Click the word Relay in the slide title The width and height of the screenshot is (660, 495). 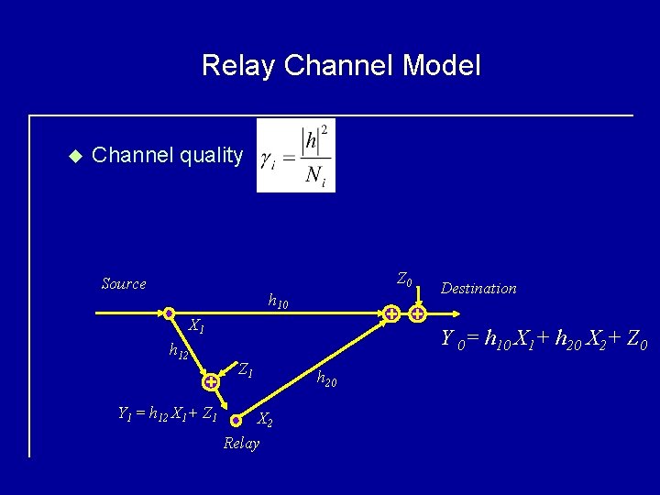click(x=239, y=65)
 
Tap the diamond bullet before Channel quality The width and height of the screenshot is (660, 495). click(x=75, y=156)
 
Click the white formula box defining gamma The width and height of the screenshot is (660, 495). click(x=296, y=155)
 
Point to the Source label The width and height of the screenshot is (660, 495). click(x=124, y=284)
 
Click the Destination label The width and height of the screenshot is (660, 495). click(x=478, y=289)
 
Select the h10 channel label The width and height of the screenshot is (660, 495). click(x=278, y=300)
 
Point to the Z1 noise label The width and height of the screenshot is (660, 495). click(x=245, y=370)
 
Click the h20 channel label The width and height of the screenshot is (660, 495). click(x=326, y=379)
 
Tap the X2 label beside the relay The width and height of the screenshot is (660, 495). click(x=264, y=420)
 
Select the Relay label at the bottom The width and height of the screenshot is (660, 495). click(x=241, y=444)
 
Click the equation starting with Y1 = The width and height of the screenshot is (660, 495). click(x=168, y=414)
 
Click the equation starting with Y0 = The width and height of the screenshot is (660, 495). click(x=544, y=340)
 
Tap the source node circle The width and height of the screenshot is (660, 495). click(x=170, y=313)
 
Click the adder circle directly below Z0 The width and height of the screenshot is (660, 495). click(x=417, y=313)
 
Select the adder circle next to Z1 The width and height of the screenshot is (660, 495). click(x=211, y=381)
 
